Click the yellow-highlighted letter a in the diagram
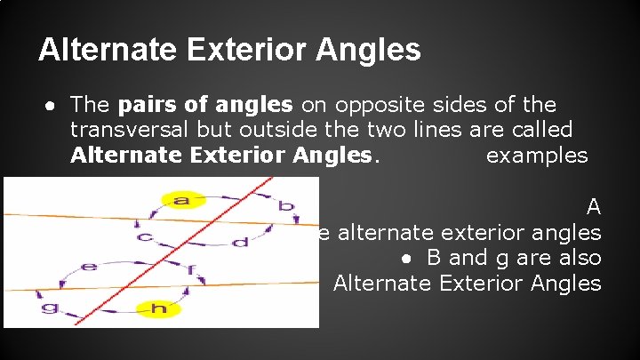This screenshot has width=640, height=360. point(182,201)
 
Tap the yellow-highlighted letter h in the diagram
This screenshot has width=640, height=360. point(159,308)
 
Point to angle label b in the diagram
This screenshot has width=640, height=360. point(285,207)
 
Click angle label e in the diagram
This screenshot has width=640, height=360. point(89,266)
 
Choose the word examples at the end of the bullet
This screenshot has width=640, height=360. point(537,156)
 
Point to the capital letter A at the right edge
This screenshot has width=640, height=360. point(594,207)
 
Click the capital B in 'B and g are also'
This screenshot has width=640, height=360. point(434,258)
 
